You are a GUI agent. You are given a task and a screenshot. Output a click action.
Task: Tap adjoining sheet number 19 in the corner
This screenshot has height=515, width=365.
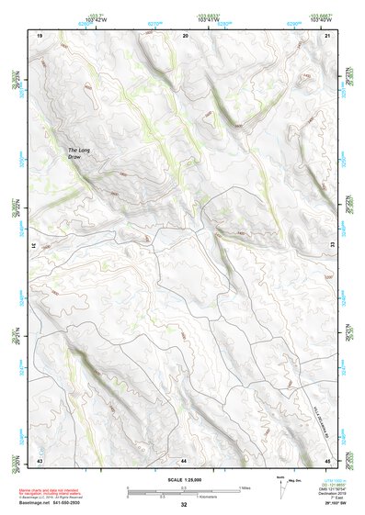40,34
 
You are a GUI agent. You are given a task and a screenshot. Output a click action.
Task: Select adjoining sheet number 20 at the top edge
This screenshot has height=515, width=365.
186,34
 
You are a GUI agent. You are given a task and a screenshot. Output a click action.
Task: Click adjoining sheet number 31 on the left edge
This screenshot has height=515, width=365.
34,246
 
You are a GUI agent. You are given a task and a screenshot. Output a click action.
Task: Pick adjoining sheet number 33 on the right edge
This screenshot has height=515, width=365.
332,246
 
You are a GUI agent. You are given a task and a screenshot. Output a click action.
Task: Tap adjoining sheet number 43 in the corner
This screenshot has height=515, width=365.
40,458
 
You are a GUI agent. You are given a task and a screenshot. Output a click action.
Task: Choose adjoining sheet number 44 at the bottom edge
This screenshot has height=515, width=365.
184,458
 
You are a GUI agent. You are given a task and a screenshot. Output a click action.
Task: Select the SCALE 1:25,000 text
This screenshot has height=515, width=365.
183,480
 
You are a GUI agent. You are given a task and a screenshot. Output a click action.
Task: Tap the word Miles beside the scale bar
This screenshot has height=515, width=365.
245,488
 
